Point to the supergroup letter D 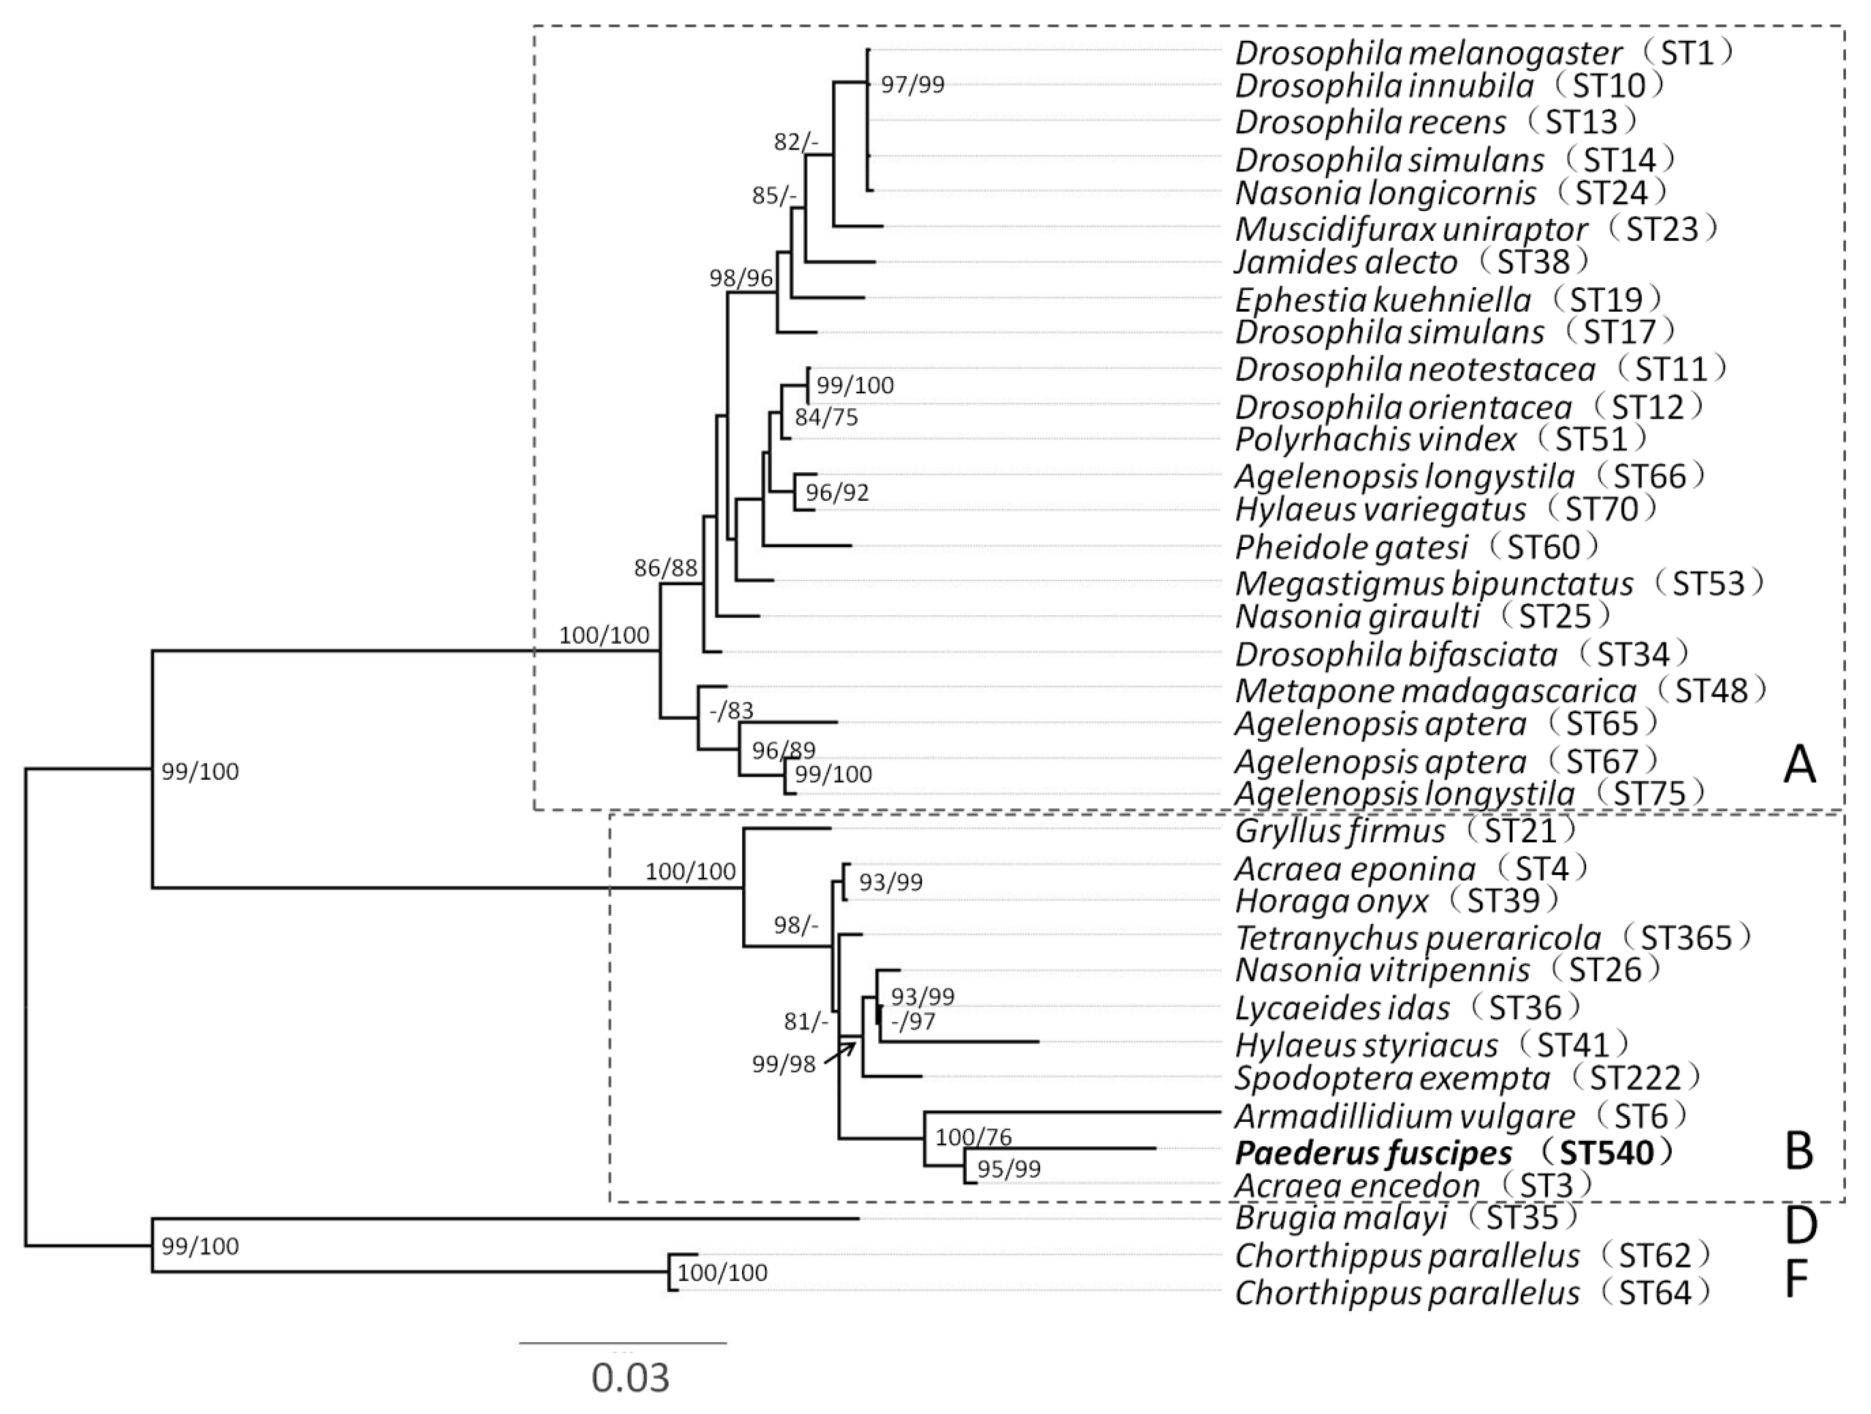click(x=1800, y=1226)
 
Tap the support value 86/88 click(x=667, y=568)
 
